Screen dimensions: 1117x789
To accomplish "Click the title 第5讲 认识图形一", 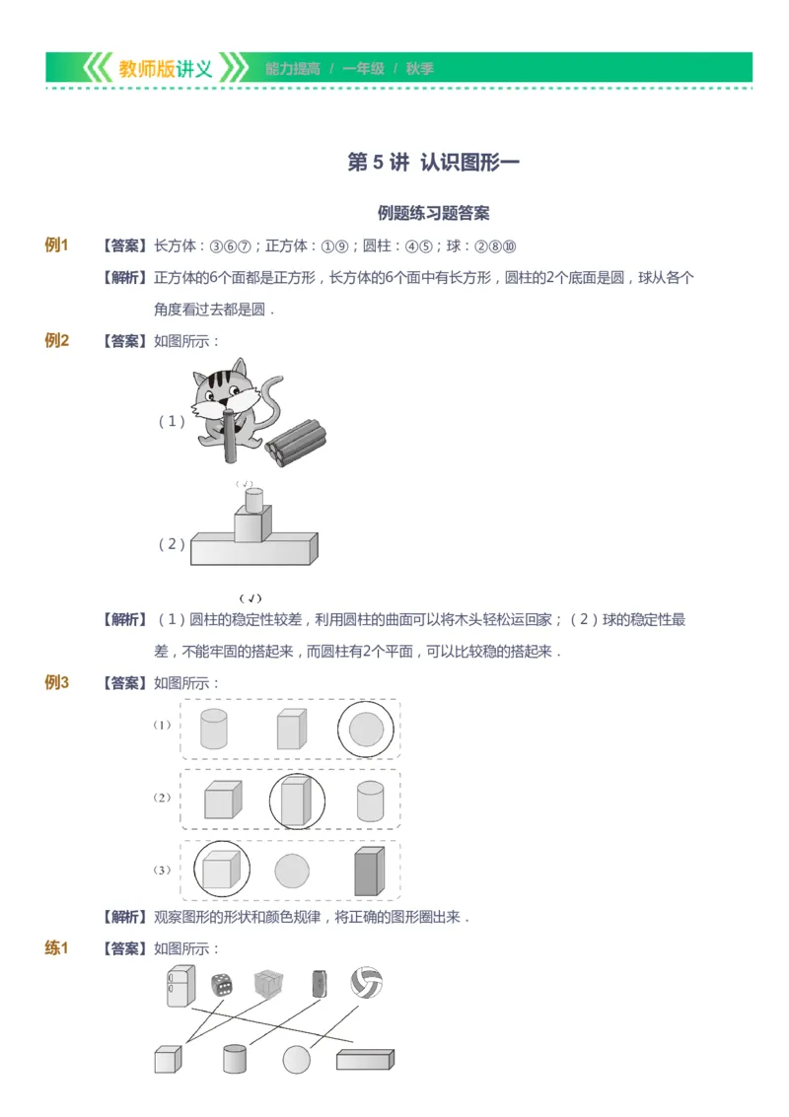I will click(433, 163).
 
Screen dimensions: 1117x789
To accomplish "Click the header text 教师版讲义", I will click(165, 69).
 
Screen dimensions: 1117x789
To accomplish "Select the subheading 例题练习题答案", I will click(433, 213).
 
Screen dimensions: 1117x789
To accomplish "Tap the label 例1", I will click(57, 245).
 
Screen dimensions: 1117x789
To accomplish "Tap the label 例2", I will click(57, 341).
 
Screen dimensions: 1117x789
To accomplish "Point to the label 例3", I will click(57, 682).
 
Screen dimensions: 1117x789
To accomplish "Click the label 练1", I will click(57, 948).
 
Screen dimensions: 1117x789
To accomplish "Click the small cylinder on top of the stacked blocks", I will click(253, 500).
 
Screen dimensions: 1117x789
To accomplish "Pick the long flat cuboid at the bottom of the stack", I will click(253, 550).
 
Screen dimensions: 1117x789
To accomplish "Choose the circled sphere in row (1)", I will click(366, 730).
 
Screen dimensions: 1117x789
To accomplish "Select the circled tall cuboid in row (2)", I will click(297, 801).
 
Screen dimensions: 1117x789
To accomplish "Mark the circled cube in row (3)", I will click(222, 871).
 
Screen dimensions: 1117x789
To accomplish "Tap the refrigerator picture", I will click(180, 985).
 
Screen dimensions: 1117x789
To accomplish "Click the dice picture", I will click(222, 984).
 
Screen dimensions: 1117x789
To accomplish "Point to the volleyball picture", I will click(366, 982).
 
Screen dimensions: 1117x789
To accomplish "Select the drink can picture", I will click(319, 984).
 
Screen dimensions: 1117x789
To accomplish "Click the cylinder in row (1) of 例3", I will click(213, 729).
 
